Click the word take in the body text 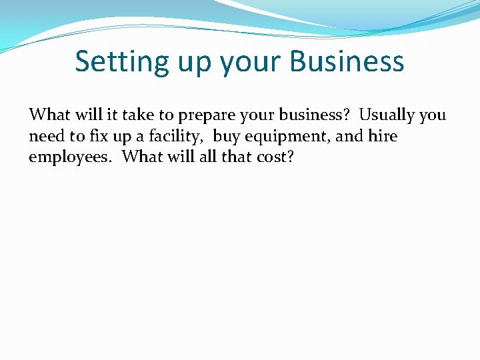pos(137,115)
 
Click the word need pos(45,137)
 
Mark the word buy pos(227,137)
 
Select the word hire pos(383,137)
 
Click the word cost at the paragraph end pos(275,158)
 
